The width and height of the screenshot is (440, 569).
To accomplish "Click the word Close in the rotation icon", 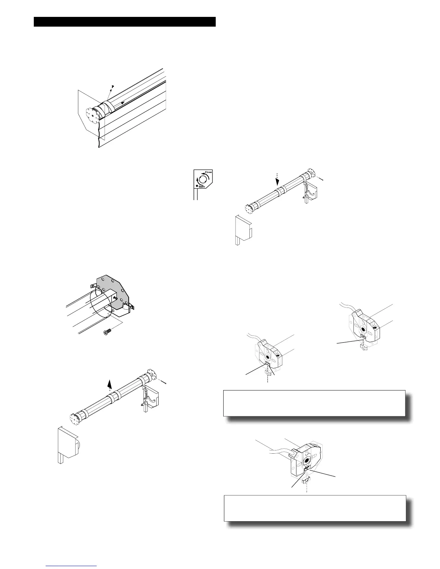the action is click(x=208, y=172).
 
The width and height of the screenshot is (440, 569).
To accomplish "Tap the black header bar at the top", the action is click(x=124, y=22).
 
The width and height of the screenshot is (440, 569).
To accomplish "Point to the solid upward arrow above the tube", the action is click(x=110, y=384).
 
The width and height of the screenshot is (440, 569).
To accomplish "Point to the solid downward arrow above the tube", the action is click(x=277, y=181).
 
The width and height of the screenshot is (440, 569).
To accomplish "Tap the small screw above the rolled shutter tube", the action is click(x=113, y=87).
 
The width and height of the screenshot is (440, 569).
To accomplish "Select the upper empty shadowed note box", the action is click(x=314, y=403).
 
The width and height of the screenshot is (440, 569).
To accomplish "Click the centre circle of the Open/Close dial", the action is click(x=203, y=179).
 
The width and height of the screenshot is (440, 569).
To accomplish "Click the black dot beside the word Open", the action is click(x=196, y=186).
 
